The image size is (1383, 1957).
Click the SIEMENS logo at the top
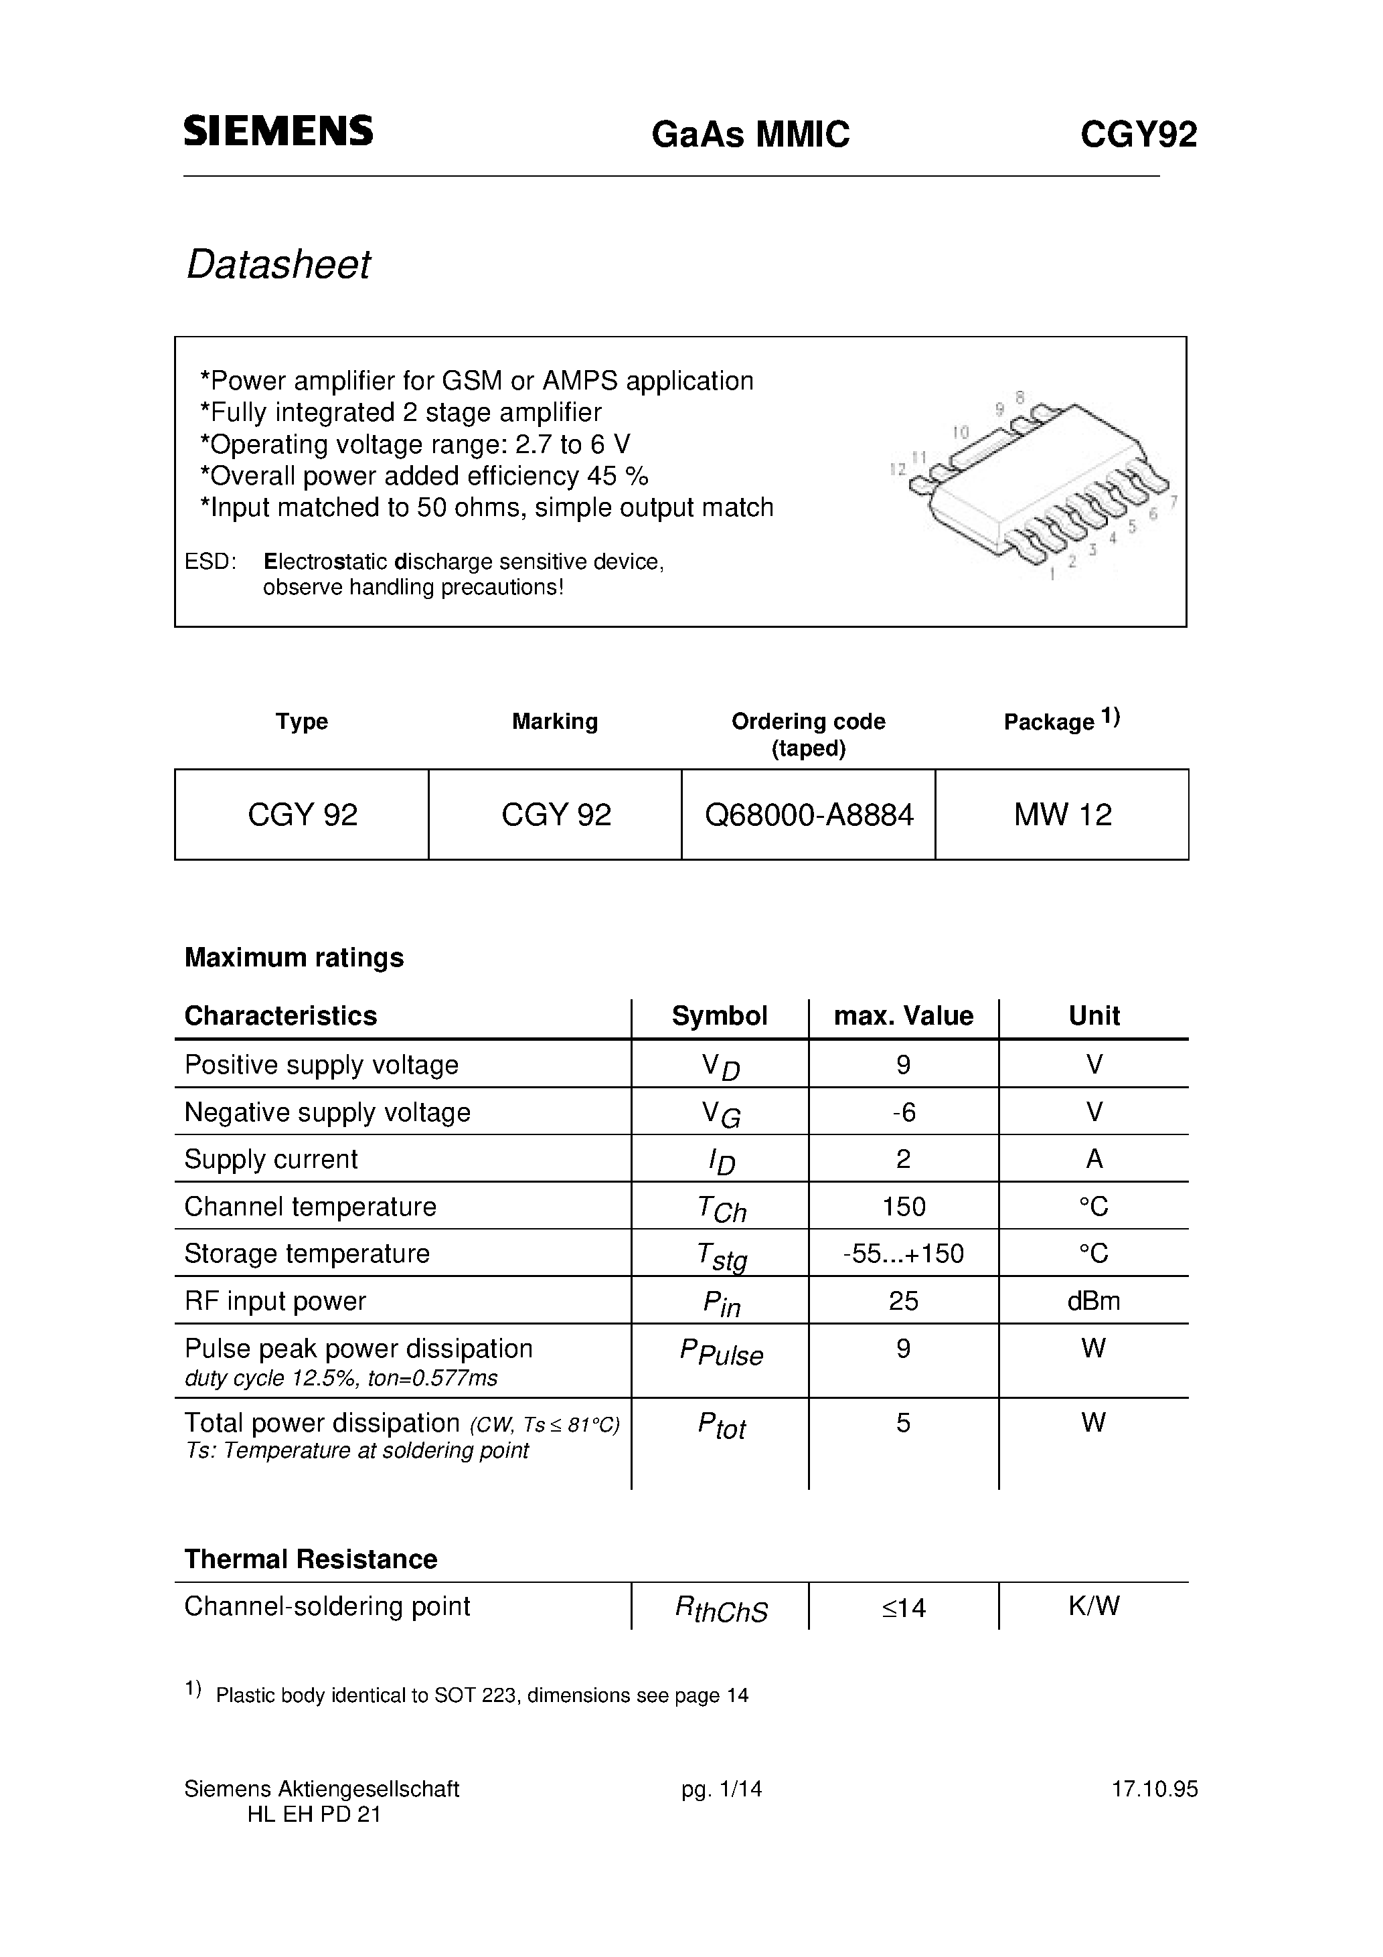[x=278, y=131]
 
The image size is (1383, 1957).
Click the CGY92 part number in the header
[x=1138, y=135]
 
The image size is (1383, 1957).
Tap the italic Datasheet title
[x=278, y=265]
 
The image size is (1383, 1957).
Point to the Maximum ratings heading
[x=294, y=958]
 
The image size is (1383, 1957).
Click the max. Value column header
[x=903, y=1016]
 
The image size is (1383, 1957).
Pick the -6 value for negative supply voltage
[x=903, y=1112]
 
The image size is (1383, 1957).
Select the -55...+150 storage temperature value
[x=903, y=1254]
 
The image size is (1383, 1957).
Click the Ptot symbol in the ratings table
[x=722, y=1425]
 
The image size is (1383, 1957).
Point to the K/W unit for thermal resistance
[x=1093, y=1607]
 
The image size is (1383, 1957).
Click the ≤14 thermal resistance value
[x=903, y=1608]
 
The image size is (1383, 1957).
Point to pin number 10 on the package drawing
[x=961, y=432]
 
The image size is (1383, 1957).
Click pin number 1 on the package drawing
[x=1052, y=576]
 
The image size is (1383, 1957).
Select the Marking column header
[x=554, y=722]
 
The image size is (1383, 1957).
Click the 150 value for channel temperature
[x=903, y=1207]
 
